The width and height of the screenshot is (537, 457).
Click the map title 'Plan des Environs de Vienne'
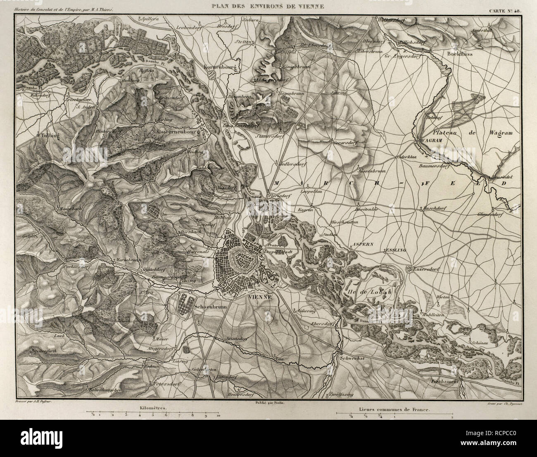coord(268,6)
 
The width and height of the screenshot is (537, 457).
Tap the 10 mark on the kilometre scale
coord(218,417)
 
